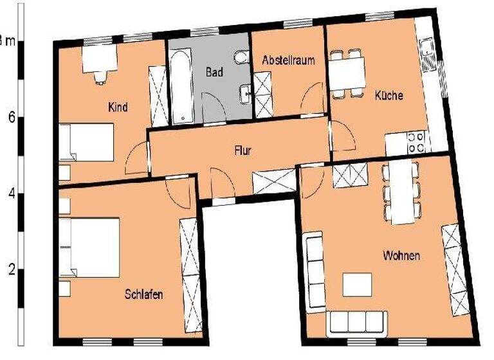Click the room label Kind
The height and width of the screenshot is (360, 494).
pos(118,107)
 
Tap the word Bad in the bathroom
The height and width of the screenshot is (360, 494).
pos(214,72)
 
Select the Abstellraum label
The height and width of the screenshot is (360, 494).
pos(288,60)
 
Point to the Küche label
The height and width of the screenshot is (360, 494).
pos(389,96)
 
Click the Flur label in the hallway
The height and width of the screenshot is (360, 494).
pos(242,152)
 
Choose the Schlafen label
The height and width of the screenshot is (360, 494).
pos(143,294)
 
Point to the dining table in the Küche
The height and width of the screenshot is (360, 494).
pos(347,73)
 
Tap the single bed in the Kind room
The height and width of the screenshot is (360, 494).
pos(87,142)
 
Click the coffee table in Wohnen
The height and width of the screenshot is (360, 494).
pos(357,284)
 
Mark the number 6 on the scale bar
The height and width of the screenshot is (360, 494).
pos(12,118)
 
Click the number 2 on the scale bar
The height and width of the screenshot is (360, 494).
pos(12,269)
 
